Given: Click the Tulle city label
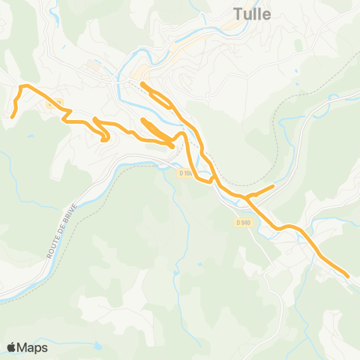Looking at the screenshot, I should point(253,14).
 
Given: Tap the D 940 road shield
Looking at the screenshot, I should point(242,222).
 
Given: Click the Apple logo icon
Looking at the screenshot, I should point(12,347).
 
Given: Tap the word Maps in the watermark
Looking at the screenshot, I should point(33,347).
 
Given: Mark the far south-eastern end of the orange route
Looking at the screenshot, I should point(348,276).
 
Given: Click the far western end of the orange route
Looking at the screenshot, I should point(12,116).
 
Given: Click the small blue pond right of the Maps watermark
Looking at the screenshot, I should point(97,346).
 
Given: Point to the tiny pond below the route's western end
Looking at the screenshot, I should point(31,136).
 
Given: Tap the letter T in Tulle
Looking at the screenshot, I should point(237,14).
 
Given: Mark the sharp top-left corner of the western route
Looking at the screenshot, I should point(20,87).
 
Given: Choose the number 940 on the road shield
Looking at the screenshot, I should point(244,222).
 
